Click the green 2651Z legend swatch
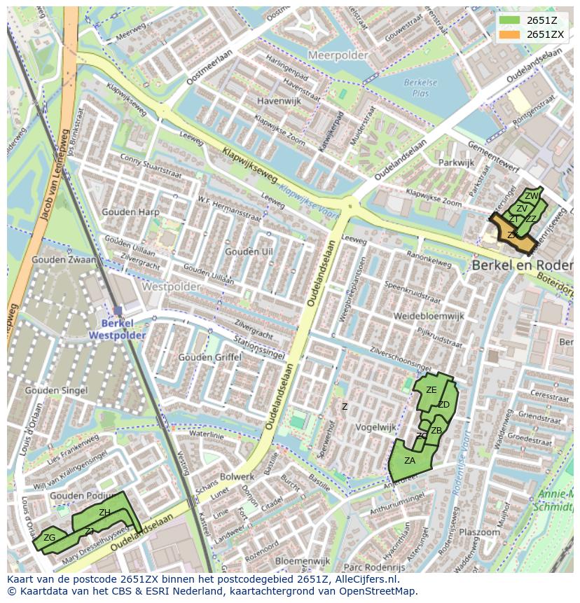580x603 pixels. click(509, 20)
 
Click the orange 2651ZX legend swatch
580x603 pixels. click(509, 34)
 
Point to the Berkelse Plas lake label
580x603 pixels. click(420, 87)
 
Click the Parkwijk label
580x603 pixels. click(456, 162)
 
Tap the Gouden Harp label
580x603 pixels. click(130, 212)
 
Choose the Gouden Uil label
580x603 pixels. click(249, 251)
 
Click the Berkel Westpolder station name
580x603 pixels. click(117, 329)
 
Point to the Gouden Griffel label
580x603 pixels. click(209, 357)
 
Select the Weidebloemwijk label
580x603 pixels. click(429, 317)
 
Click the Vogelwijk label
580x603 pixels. click(376, 427)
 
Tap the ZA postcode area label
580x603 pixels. click(410, 461)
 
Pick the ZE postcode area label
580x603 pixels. click(431, 390)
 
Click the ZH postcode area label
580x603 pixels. click(104, 513)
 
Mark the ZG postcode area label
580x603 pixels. click(49, 538)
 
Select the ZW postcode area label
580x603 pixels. click(532, 196)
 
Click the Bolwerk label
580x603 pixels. click(237, 477)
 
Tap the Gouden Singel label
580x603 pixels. click(56, 390)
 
